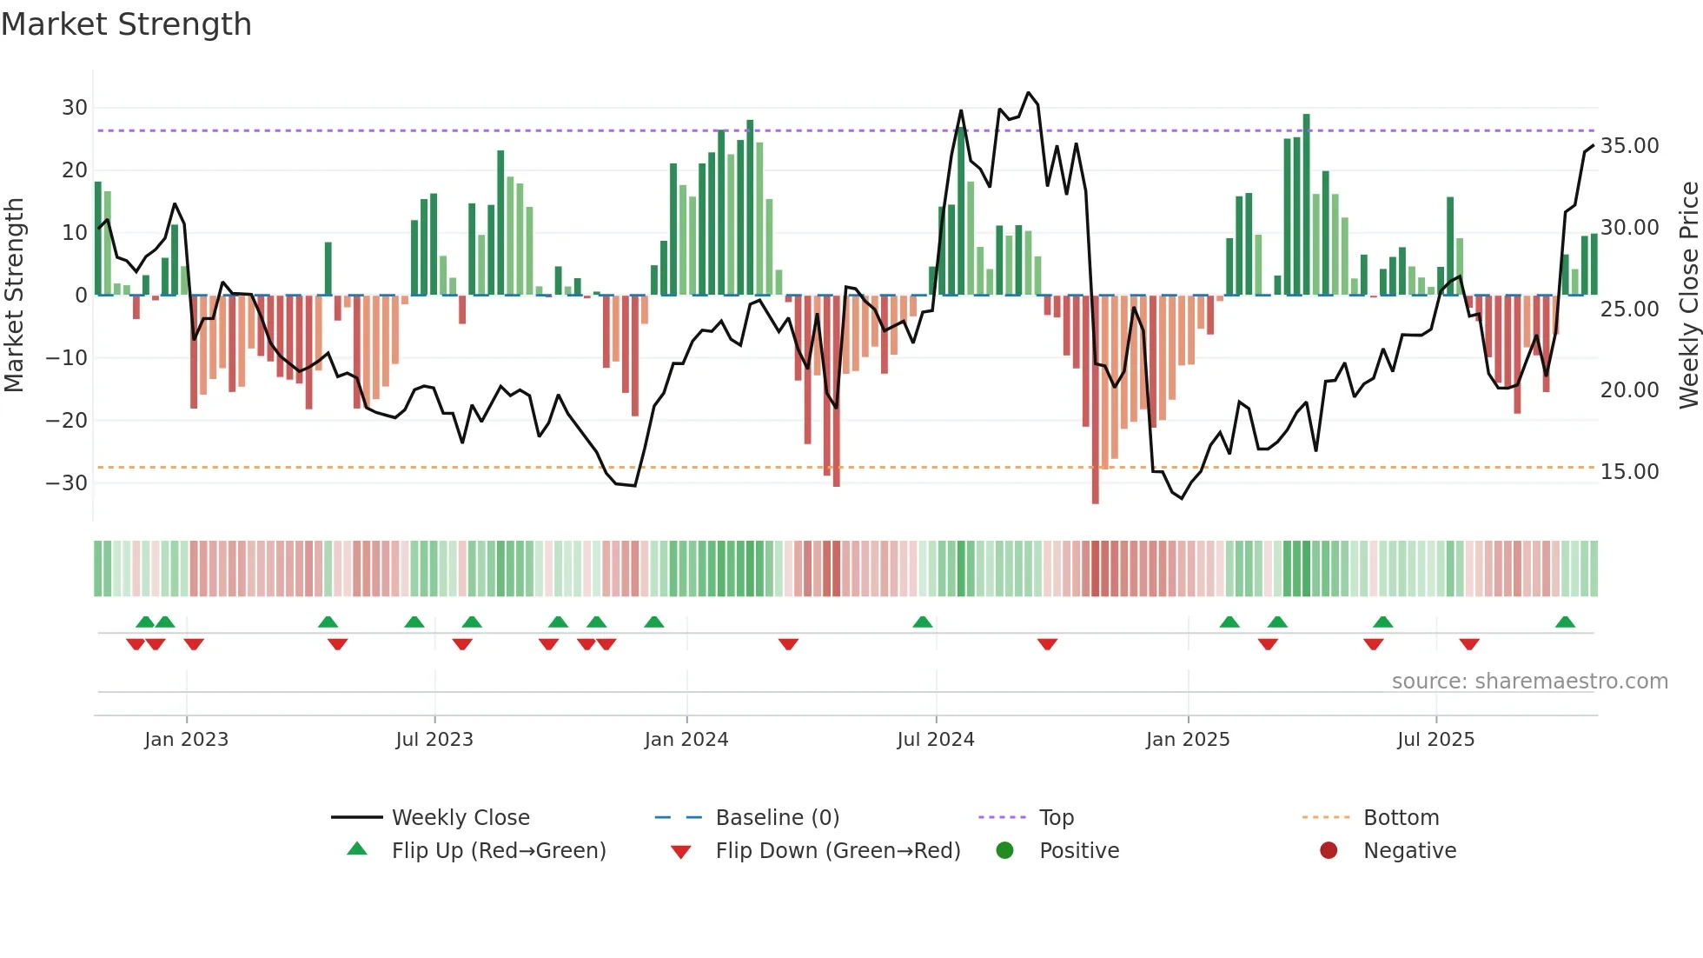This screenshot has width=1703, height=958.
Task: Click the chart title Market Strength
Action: [126, 24]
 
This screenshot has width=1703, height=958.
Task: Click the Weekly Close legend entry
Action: [460, 817]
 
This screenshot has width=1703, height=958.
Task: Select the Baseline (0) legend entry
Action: [777, 817]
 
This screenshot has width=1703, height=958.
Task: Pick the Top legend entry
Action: [1056, 817]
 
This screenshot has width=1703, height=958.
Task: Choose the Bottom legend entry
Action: [1401, 817]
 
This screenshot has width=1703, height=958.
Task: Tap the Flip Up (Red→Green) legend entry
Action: [498, 850]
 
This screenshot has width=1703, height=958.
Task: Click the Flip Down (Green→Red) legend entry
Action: [838, 850]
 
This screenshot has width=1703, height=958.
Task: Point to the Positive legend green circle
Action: [1005, 850]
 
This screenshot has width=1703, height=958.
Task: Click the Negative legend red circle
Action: [1329, 850]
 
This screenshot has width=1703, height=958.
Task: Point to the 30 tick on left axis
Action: [75, 108]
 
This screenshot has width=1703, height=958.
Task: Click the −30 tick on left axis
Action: [68, 483]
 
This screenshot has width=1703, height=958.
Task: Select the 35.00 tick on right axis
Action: [1629, 146]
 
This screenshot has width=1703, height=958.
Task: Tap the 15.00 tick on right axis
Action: [1629, 472]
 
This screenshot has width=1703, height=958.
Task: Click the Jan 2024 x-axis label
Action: [686, 740]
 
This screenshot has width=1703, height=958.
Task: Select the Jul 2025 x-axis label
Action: [1435, 740]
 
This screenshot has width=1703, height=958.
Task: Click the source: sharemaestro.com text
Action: [1529, 682]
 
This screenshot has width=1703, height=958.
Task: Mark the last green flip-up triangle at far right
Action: [1565, 622]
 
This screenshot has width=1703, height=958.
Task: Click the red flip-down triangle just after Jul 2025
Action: [1469, 644]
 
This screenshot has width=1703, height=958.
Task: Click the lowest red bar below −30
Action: [1095, 496]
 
